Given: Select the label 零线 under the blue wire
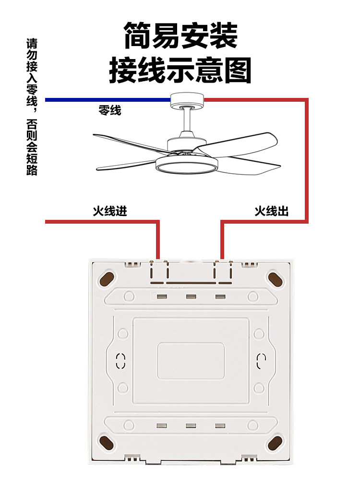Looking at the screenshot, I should [x=109, y=111].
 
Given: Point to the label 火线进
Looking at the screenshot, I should [x=110, y=211].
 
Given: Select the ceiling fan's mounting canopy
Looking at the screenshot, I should [x=188, y=100].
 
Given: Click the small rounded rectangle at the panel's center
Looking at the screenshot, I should [x=191, y=360].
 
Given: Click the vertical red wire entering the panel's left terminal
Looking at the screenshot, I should [x=157, y=240].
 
